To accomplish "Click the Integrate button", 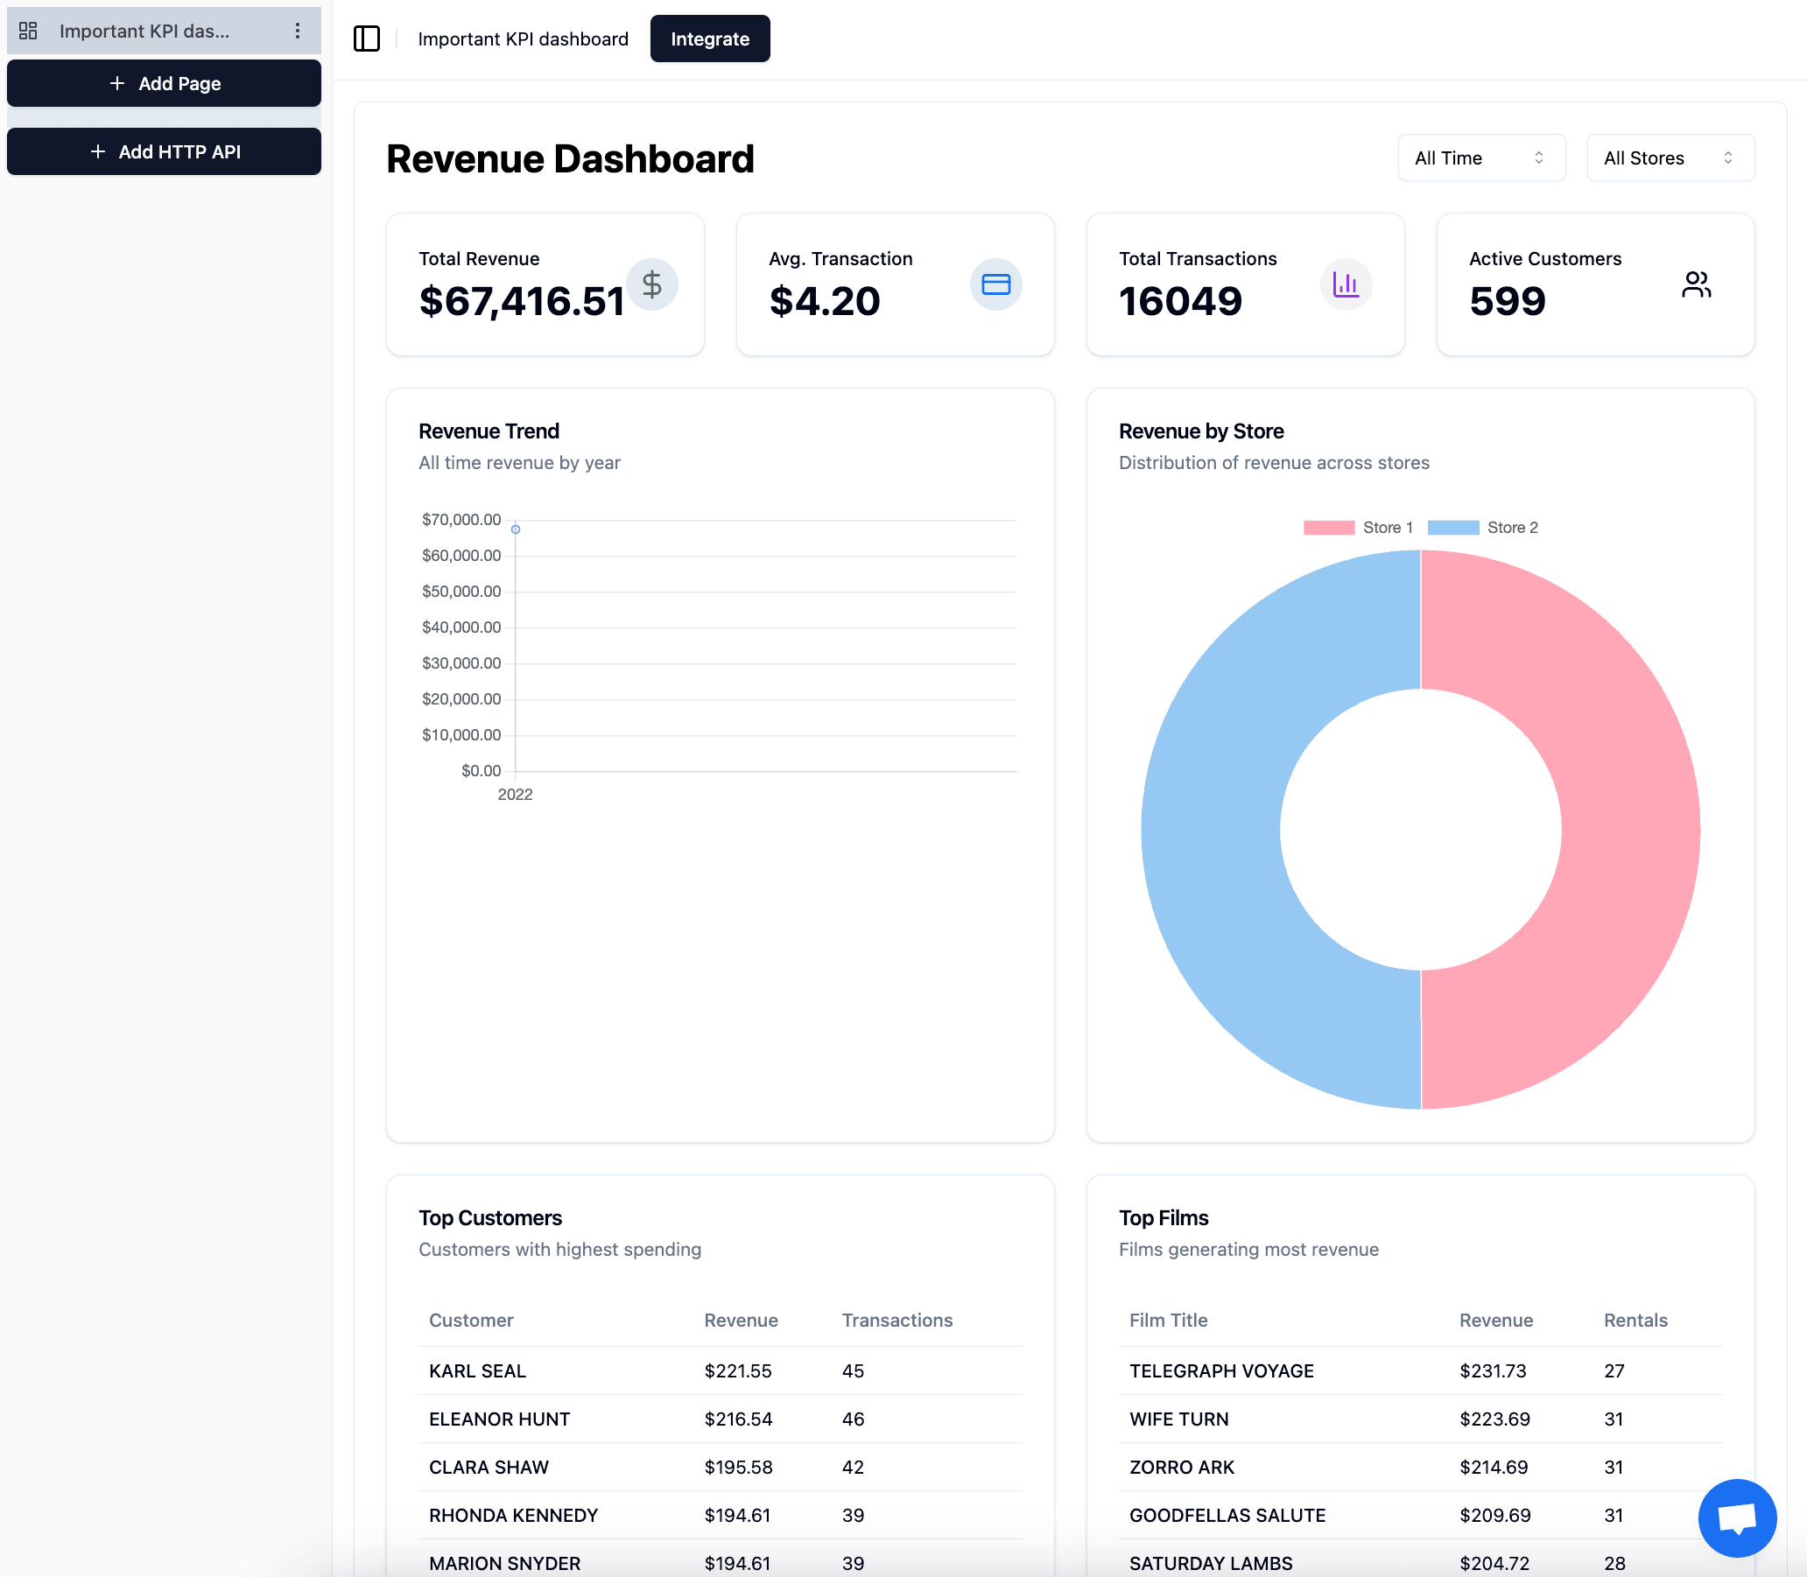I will point(709,39).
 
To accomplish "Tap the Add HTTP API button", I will point(165,151).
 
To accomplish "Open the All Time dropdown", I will point(1480,158).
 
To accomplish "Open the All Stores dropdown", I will point(1669,158).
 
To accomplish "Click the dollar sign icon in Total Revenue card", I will point(651,284).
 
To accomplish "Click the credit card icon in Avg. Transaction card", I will point(995,284).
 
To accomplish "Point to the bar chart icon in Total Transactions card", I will point(1345,284).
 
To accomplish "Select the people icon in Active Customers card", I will point(1695,284).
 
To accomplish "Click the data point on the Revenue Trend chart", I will point(516,529).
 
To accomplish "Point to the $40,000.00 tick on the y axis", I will point(461,627).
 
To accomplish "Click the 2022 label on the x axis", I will point(515,795).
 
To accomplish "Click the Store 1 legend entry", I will point(1358,527).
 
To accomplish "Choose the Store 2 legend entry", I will point(1483,527).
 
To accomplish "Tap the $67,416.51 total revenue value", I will point(521,301).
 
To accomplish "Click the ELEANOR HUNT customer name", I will point(499,1419).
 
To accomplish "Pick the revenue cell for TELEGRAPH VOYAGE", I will point(1493,1370).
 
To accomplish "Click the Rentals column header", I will point(1635,1320).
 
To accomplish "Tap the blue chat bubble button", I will point(1737,1518).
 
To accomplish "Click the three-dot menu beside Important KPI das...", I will point(298,31).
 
